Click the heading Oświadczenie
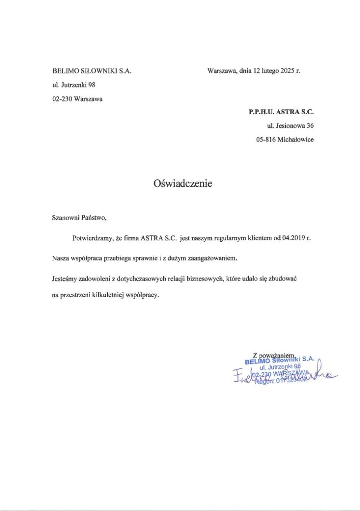(x=182, y=184)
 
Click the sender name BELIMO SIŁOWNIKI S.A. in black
(x=92, y=71)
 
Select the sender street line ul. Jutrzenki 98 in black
(x=74, y=85)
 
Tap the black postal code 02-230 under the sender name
(x=61, y=99)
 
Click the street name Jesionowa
(x=291, y=126)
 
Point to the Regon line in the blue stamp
(x=282, y=382)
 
